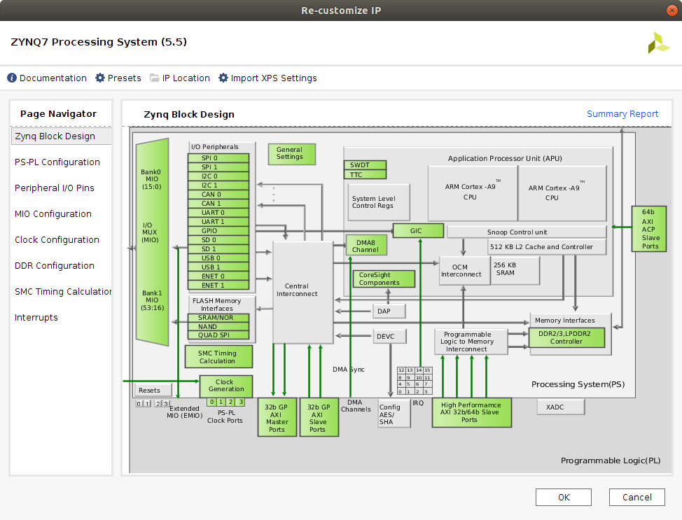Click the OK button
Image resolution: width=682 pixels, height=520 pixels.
tap(563, 497)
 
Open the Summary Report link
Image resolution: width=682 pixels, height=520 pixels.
tap(622, 114)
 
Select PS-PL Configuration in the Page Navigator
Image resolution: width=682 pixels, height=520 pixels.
tap(57, 162)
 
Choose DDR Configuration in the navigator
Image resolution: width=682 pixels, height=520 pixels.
tap(55, 265)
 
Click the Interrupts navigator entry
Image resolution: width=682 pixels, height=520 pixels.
tap(36, 317)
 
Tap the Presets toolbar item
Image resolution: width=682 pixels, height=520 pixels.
tap(118, 78)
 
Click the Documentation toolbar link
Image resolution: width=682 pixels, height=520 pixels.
tap(47, 78)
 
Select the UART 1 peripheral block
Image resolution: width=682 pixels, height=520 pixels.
tap(218, 221)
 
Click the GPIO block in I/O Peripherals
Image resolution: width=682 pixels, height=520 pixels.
tap(218, 230)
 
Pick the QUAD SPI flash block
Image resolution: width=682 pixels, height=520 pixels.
tap(218, 335)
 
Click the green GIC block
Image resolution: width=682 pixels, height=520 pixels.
tap(418, 230)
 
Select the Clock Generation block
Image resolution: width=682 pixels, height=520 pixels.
tap(225, 386)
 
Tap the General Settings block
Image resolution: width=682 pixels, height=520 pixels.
tap(290, 153)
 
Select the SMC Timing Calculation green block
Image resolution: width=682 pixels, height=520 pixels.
tap(218, 357)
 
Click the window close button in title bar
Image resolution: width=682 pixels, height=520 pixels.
tap(671, 10)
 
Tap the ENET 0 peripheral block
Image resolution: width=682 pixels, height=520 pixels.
tap(218, 276)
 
